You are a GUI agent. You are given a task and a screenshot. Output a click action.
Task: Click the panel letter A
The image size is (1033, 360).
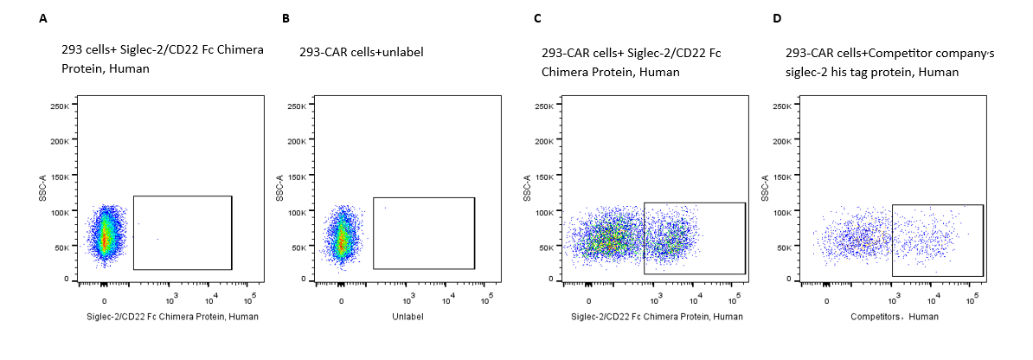pyautogui.click(x=43, y=18)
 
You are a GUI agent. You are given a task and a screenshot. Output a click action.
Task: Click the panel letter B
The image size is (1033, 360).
pyautogui.click(x=286, y=18)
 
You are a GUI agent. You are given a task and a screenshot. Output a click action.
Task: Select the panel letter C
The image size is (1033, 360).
pyautogui.click(x=538, y=18)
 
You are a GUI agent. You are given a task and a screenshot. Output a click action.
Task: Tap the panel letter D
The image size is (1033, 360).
pyautogui.click(x=776, y=18)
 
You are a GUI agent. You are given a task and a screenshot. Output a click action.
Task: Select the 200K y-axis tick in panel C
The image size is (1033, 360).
pyautogui.click(x=545, y=141)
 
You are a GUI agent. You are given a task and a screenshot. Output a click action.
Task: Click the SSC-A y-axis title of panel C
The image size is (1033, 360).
pyautogui.click(x=526, y=189)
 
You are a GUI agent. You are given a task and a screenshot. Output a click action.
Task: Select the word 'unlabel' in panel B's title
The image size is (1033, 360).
pyautogui.click(x=403, y=53)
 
